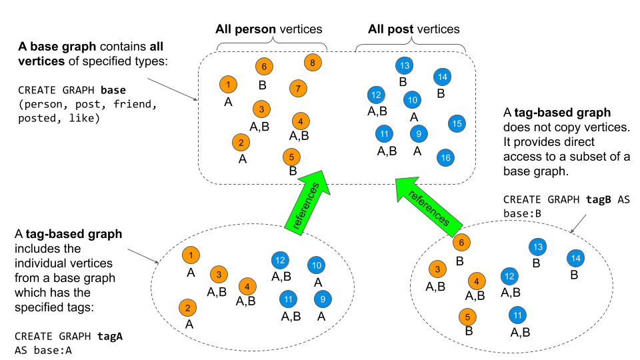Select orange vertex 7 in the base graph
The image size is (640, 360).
(x=298, y=88)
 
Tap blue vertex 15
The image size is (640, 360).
(x=457, y=123)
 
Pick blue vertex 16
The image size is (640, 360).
(x=445, y=157)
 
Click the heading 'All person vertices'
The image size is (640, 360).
(x=269, y=29)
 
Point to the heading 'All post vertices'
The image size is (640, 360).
(x=413, y=29)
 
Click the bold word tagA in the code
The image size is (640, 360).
(x=110, y=337)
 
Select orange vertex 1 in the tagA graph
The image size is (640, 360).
(x=191, y=255)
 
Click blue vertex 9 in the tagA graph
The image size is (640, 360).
(x=323, y=299)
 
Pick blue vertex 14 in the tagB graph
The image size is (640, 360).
(x=576, y=257)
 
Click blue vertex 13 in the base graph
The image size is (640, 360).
(x=405, y=65)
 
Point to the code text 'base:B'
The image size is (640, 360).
(x=522, y=213)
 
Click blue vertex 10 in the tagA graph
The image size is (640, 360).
(x=317, y=265)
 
